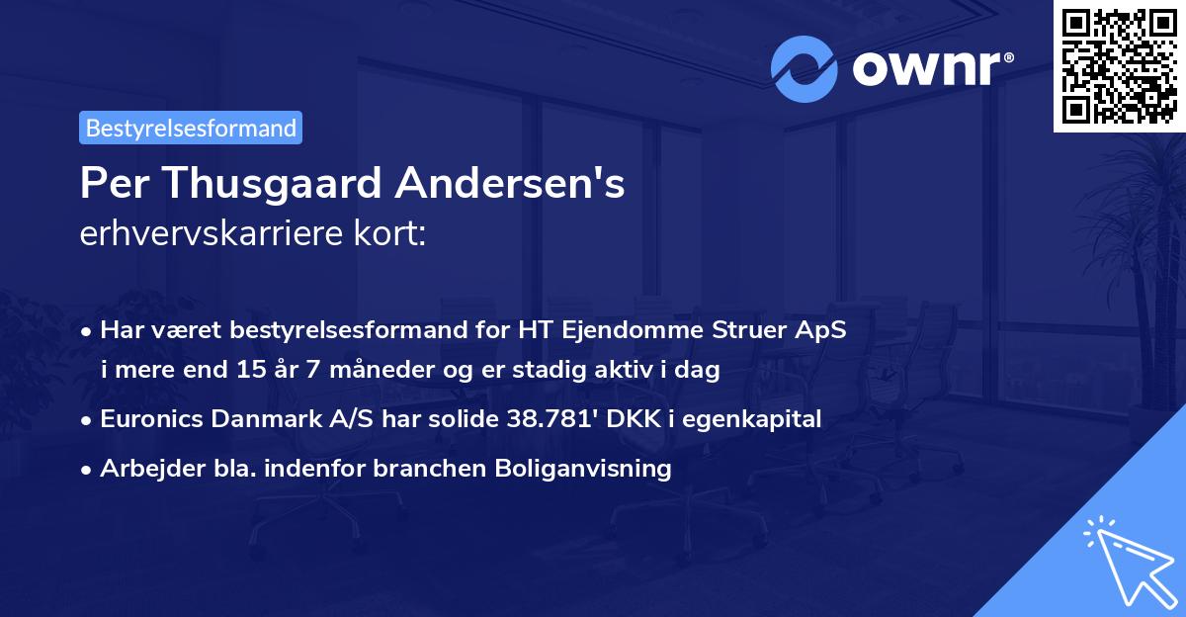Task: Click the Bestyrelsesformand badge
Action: tap(191, 128)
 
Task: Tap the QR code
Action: tap(1118, 65)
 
